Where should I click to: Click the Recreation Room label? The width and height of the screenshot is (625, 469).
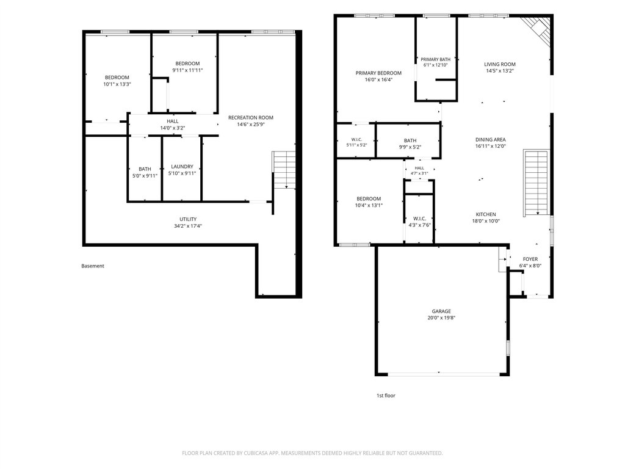251,118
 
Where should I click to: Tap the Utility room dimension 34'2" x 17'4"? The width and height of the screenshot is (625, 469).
188,226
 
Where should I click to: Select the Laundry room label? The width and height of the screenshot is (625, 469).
182,167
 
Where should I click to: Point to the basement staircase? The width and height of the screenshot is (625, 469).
284,170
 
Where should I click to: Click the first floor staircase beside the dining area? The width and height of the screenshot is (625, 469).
536,183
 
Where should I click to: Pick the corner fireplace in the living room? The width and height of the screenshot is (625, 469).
538,31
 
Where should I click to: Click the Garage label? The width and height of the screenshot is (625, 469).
441,311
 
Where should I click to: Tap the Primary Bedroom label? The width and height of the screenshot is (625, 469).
378,73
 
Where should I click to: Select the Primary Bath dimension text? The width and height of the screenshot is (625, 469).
436,65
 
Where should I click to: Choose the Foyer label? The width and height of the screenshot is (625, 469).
530,259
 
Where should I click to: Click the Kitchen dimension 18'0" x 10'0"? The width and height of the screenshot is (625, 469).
486,221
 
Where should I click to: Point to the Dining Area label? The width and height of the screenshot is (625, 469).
490,140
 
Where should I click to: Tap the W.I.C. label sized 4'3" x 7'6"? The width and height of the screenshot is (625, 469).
420,219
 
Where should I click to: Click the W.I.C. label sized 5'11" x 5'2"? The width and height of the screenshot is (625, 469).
356,140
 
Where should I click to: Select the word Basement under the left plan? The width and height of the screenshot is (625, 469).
93,266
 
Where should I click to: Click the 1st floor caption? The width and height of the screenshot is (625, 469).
386,396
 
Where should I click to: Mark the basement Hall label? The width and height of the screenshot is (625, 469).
173,122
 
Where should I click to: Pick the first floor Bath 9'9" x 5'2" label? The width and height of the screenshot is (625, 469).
410,141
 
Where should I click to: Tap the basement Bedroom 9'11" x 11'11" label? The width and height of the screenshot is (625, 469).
187,64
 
